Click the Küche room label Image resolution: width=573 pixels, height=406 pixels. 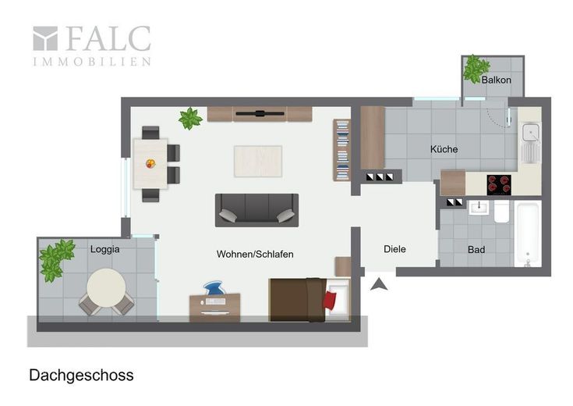(x=444, y=149)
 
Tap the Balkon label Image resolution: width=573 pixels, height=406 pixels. (x=496, y=80)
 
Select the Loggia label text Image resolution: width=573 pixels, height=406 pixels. (x=105, y=249)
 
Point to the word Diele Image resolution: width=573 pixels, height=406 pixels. (x=394, y=249)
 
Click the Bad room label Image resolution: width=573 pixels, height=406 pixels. (x=476, y=250)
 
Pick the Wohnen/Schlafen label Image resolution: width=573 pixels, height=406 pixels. (x=255, y=254)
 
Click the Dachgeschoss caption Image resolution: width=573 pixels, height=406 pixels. (x=81, y=376)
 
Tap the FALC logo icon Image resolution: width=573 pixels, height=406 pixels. (x=45, y=38)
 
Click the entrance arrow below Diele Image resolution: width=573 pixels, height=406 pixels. (x=379, y=284)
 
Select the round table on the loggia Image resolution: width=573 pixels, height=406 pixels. (x=106, y=288)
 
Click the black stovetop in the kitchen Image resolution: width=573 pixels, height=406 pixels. (x=499, y=185)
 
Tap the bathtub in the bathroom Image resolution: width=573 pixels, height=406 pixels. (x=528, y=233)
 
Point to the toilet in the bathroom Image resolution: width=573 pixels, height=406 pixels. (x=502, y=212)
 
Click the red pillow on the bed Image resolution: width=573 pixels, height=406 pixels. (x=330, y=300)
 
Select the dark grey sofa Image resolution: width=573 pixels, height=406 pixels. (x=256, y=210)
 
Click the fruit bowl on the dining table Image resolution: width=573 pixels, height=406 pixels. (x=150, y=163)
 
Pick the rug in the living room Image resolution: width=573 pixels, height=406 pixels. (x=258, y=162)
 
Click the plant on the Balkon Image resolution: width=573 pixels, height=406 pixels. (x=476, y=69)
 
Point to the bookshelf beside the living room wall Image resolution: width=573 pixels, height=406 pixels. (x=341, y=150)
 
